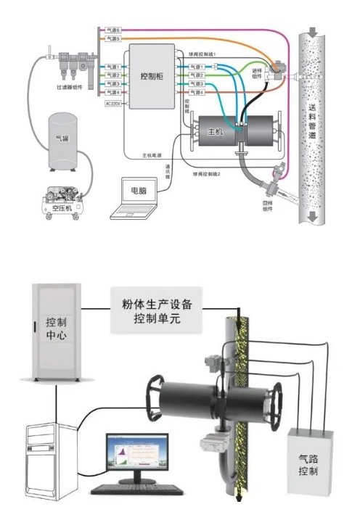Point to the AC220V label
tap(112, 103)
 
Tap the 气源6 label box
tap(112, 30)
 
